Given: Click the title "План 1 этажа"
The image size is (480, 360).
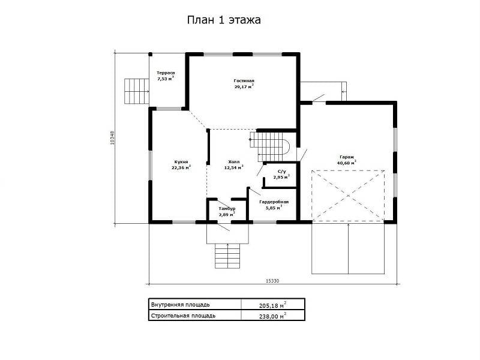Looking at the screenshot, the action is pos(224,20).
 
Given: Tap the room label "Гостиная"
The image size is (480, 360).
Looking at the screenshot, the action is pos(244,81).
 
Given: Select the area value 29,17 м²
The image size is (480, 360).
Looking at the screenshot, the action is pos(244,86).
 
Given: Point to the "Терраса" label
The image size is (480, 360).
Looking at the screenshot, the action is pos(166,73).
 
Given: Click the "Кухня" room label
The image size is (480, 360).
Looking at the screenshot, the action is pos(181,162).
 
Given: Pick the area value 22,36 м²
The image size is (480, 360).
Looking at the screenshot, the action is pos(181,167).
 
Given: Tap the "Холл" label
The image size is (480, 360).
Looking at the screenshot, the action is pos(234,162).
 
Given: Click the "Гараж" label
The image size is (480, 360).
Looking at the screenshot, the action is pos(346,157).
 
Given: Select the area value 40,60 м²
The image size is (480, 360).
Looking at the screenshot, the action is pos(346,163).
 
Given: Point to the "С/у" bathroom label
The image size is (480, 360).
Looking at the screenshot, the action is pos(281,172).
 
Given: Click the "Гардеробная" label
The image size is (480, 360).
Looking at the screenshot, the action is pos(274,202).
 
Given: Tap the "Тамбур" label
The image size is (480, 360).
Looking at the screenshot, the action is pos(227,209).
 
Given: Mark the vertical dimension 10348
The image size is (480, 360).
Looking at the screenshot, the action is pos(112,138).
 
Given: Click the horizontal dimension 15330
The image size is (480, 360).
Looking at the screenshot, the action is pos(272,281).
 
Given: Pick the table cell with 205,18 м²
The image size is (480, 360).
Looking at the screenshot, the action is pos(273,305).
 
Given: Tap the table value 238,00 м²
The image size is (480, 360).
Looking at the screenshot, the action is pos(273,316).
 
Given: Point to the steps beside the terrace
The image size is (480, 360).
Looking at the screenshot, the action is pos(137,91).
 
